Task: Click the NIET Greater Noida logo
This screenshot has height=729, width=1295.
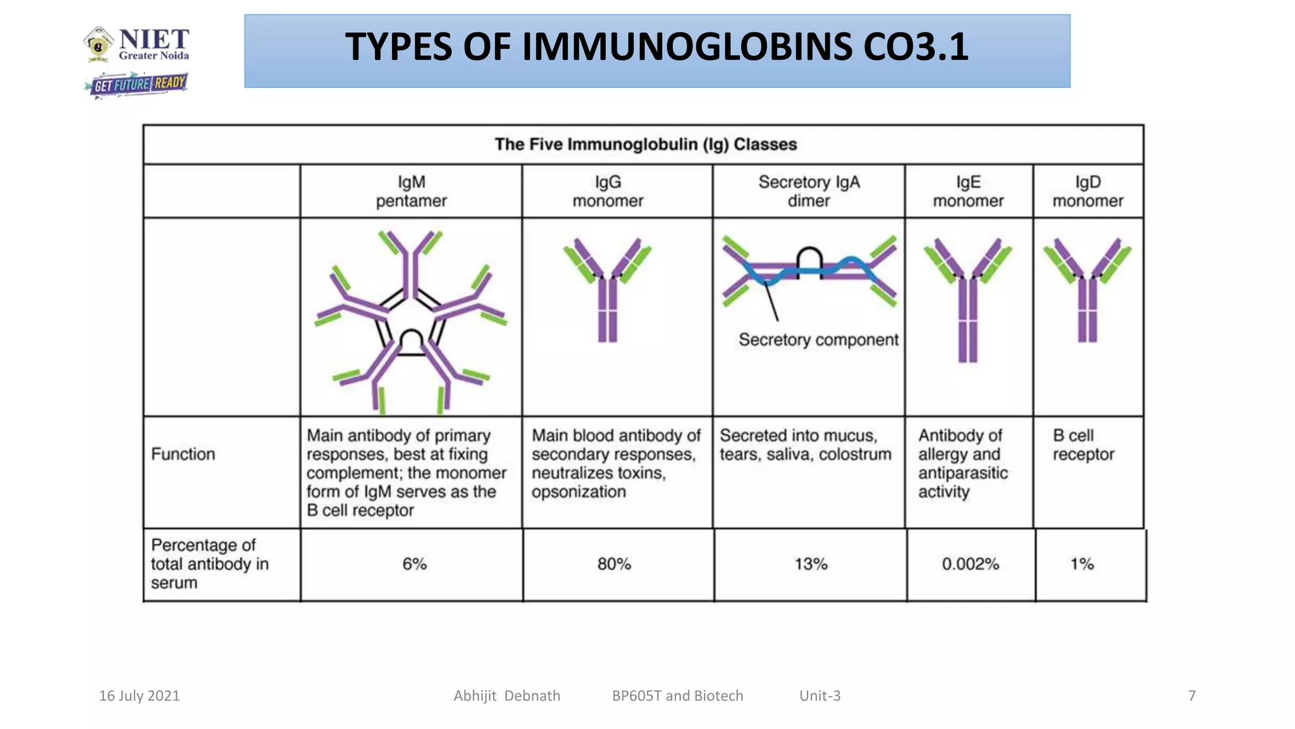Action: tap(137, 44)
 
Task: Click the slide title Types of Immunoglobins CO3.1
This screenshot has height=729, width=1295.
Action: tap(656, 48)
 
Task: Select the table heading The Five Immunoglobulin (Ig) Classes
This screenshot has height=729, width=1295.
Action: tap(645, 144)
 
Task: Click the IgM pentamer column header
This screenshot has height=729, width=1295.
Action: tap(411, 191)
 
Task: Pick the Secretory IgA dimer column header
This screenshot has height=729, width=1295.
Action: tap(809, 191)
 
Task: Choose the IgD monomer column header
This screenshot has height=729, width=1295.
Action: tap(1088, 191)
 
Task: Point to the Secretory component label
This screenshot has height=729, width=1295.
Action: tap(818, 340)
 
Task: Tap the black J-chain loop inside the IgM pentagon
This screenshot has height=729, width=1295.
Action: tap(412, 342)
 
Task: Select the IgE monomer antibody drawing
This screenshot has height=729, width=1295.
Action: tap(967, 297)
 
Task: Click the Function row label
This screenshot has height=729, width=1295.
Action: tap(183, 454)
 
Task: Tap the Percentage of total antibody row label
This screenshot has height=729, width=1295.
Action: tap(209, 564)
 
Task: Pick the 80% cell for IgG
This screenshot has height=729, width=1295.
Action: tap(614, 564)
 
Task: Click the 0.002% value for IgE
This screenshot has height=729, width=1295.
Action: tap(970, 564)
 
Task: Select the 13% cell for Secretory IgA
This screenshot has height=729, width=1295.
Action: tap(811, 564)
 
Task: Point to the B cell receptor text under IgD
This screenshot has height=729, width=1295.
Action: tap(1083, 445)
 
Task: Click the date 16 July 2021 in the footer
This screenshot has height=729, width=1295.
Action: tap(139, 695)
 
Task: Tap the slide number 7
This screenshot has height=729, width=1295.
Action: tap(1192, 695)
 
